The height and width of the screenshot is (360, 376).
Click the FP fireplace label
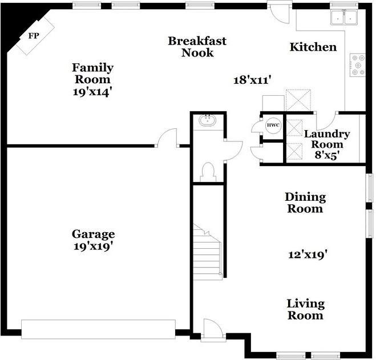coord(34,36)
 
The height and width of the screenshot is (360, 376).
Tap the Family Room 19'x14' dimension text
coord(92,92)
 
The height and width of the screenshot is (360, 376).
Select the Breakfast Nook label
coord(197,47)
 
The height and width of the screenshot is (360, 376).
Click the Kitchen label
coord(313,47)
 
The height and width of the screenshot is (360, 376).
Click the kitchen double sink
coord(345,17)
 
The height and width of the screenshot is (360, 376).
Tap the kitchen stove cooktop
coord(358,65)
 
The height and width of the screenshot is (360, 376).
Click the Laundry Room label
coord(327,139)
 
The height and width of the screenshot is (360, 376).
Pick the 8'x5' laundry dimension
coord(327,155)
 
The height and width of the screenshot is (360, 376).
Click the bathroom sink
coord(208,120)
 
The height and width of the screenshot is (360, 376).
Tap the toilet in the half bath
coord(208,172)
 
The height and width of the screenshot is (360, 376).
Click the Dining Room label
coord(305,203)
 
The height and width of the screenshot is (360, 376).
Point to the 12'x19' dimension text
coord(308,254)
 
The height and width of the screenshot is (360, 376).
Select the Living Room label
coord(306,309)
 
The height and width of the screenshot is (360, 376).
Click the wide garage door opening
coord(98,329)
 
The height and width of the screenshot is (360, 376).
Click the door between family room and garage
coord(168,138)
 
